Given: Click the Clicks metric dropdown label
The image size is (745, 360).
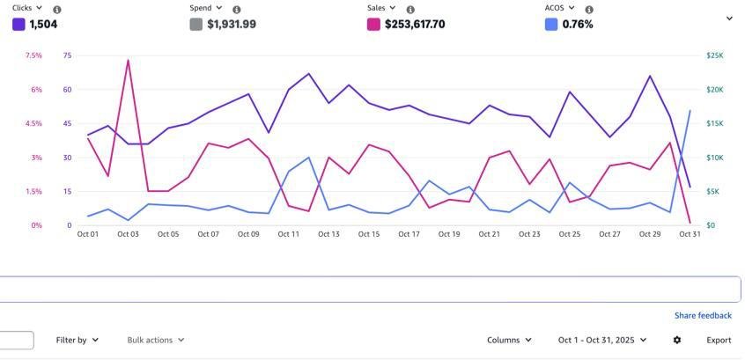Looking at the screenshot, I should click(x=26, y=9).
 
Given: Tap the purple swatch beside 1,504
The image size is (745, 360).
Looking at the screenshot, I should click(x=18, y=25).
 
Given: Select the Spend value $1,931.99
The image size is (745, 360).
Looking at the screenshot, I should click(x=232, y=25).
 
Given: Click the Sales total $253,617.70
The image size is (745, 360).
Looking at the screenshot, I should click(x=415, y=25).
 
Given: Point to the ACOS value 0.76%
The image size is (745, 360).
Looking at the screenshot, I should click(x=578, y=25).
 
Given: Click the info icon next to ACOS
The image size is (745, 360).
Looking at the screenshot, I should click(x=589, y=10).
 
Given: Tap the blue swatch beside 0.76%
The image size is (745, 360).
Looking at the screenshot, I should click(x=551, y=25).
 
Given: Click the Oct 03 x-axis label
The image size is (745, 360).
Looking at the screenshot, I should click(x=129, y=234).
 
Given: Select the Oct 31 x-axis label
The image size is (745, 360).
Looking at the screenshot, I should click(x=690, y=234).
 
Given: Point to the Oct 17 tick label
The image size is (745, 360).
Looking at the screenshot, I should click(x=409, y=234).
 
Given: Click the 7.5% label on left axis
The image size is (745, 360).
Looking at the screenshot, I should click(x=33, y=55).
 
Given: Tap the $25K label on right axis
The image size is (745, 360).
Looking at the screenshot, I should click(x=715, y=55).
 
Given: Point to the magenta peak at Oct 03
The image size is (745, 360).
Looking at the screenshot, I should click(x=129, y=61).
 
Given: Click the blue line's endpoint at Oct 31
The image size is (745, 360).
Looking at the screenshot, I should click(x=690, y=111).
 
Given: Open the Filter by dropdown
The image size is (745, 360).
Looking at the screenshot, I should click(x=77, y=340).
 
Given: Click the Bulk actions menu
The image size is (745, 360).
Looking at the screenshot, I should click(x=155, y=340).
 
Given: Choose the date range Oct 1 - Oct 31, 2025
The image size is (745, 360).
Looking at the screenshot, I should click(x=602, y=340).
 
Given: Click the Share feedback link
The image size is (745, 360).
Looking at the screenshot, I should click(x=703, y=315).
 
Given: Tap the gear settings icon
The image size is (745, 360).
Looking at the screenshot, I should click(x=677, y=340).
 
